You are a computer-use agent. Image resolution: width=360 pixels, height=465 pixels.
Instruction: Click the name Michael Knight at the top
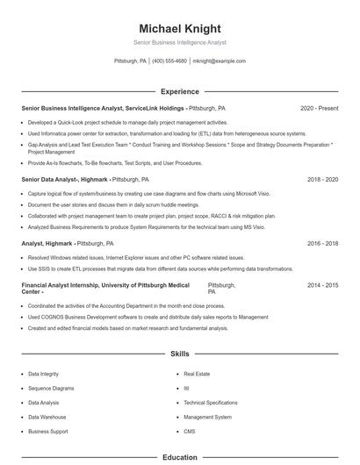[180, 28]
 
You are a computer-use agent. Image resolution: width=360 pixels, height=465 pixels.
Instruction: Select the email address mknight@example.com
[219, 61]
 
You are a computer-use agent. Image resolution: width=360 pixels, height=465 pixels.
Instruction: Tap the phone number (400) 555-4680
[169, 61]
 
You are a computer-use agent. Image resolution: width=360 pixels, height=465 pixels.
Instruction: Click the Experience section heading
[180, 91]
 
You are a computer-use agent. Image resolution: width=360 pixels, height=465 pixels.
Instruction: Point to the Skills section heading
[180, 354]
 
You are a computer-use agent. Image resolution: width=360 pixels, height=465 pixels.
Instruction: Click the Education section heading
[180, 457]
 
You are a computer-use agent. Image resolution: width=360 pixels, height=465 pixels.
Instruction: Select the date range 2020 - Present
[319, 108]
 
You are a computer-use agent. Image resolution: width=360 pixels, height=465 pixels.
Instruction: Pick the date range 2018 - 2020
[322, 179]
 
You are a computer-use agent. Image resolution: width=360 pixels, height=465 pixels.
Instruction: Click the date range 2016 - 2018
[322, 243]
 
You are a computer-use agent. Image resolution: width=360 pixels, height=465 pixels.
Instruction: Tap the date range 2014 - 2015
[322, 286]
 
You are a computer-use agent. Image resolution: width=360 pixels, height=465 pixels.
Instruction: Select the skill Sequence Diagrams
[51, 388]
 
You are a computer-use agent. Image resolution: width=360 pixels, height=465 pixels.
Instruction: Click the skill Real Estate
[197, 374]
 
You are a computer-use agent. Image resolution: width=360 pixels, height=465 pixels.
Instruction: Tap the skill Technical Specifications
[211, 403]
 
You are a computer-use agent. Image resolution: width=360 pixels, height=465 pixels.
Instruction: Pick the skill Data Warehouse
[47, 417]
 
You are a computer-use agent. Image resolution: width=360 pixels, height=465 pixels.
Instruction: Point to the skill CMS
[190, 432]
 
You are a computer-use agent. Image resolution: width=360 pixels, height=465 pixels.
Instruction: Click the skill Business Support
[47, 432]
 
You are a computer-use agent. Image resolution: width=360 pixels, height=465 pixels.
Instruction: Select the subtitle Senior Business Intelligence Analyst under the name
[180, 42]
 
